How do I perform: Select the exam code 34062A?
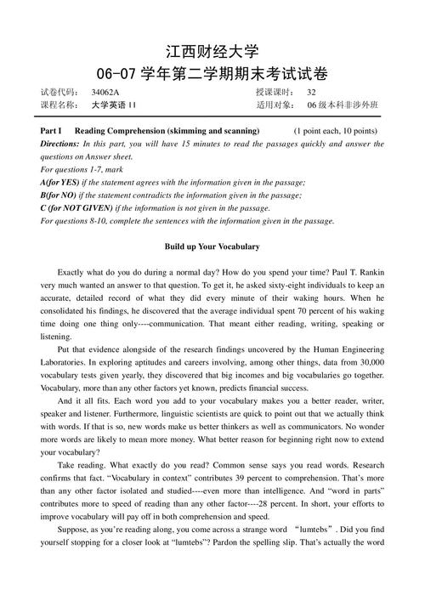(x=105, y=93)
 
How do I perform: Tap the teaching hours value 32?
(x=312, y=93)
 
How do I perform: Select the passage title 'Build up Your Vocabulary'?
(x=212, y=247)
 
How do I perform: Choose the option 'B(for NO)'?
(x=60, y=196)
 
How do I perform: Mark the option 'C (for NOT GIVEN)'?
(x=76, y=208)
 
